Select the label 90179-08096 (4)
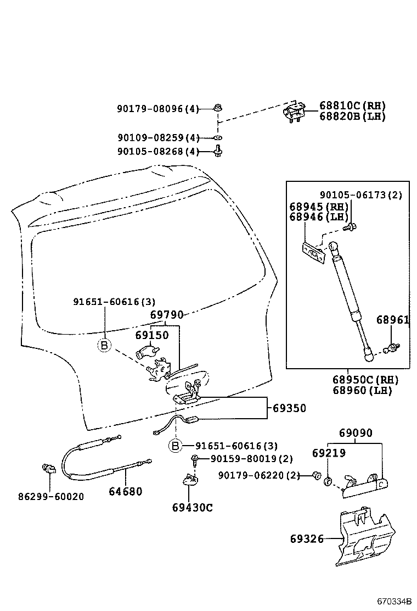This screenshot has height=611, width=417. click(x=157, y=109)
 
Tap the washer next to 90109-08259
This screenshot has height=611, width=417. click(x=217, y=137)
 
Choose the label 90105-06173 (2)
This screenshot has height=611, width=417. click(x=361, y=195)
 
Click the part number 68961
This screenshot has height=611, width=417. click(x=392, y=320)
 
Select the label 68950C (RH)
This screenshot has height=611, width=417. click(x=365, y=380)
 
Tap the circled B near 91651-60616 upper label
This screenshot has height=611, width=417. click(x=104, y=345)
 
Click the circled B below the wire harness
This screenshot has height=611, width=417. click(x=174, y=446)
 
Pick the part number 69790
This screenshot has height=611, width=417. click(x=167, y=315)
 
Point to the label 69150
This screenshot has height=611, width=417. click(x=152, y=335)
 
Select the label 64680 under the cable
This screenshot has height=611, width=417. click(x=125, y=491)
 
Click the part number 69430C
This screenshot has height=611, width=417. click(x=192, y=507)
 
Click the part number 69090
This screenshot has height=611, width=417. click(x=355, y=433)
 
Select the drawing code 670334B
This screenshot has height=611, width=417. click(x=393, y=601)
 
